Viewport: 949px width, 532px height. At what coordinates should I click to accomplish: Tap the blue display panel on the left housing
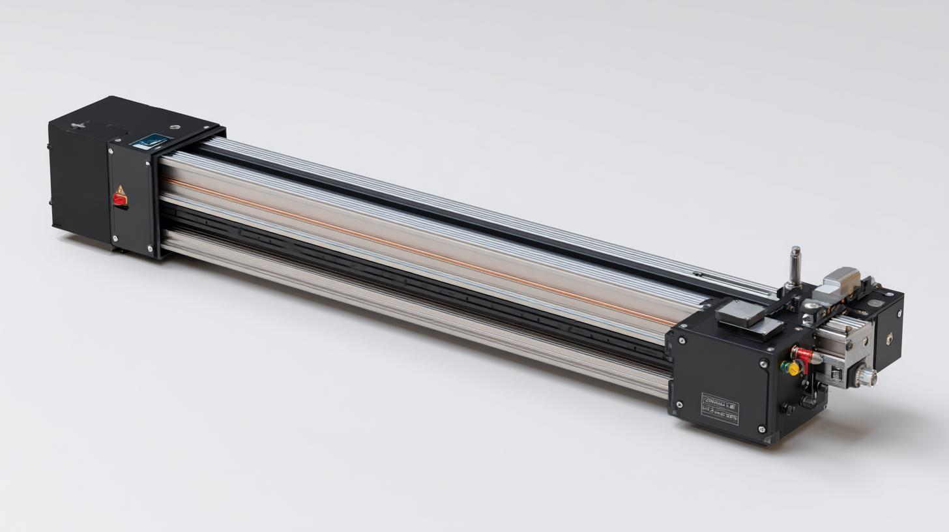[x=151, y=140]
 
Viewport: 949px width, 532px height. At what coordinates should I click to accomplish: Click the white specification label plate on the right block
[x=720, y=408]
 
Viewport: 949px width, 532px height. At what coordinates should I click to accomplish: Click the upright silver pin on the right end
[x=795, y=265]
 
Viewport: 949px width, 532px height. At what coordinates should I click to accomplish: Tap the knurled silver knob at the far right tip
[x=866, y=377]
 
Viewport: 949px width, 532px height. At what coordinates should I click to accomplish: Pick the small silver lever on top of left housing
[x=79, y=125]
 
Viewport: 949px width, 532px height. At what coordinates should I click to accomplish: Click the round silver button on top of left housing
[x=174, y=127]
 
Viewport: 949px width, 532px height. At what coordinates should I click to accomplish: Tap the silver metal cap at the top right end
[x=843, y=276]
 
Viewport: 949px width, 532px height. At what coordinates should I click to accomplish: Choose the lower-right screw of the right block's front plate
[x=762, y=428]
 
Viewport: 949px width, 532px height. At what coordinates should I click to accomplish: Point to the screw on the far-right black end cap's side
[x=890, y=338]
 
